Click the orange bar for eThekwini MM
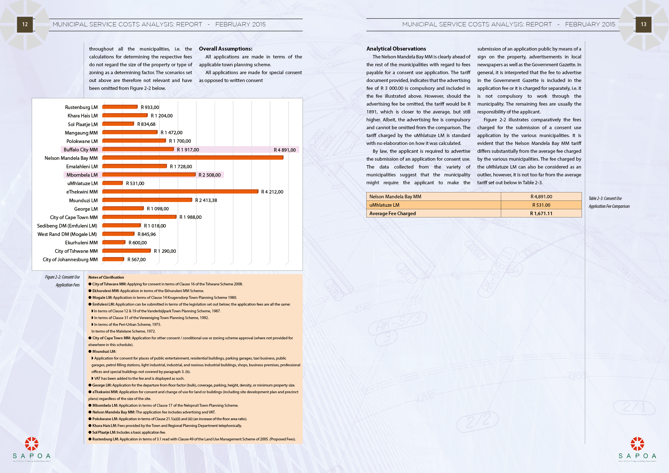click(x=180, y=191)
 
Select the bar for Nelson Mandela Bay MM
click(x=192, y=158)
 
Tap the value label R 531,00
click(x=135, y=183)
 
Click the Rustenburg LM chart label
click(x=81, y=108)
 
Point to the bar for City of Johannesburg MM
click(x=113, y=259)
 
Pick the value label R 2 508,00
click(x=210, y=175)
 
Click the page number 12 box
click(x=25, y=24)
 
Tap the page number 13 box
click(x=643, y=24)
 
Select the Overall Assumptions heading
click(x=226, y=49)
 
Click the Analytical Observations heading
click(x=396, y=49)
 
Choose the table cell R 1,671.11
click(x=541, y=213)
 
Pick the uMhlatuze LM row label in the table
click(x=384, y=205)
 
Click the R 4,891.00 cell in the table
click(x=541, y=197)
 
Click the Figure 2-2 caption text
click(x=62, y=281)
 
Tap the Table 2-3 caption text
click(x=609, y=203)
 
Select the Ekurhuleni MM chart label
click(x=81, y=243)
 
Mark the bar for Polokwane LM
click(x=134, y=141)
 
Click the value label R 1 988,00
click(x=190, y=217)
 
